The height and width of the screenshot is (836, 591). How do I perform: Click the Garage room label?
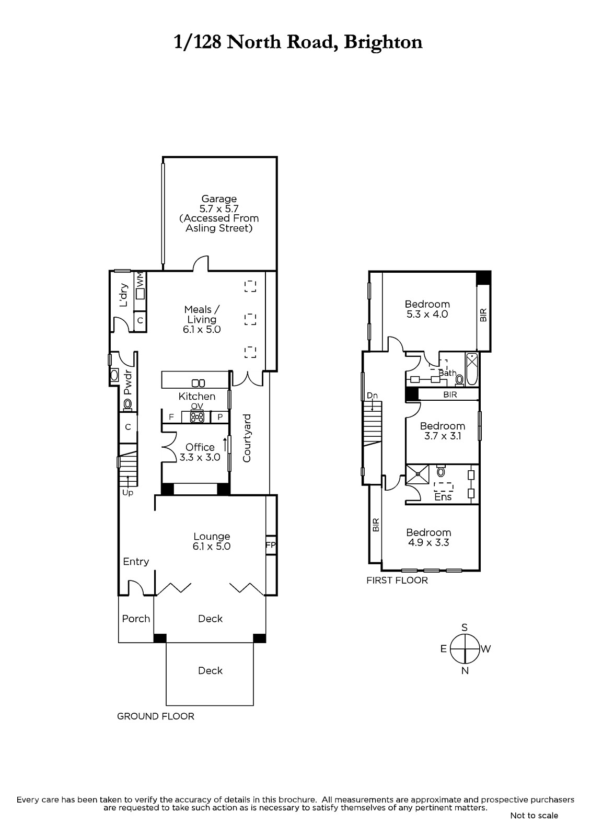point(219,199)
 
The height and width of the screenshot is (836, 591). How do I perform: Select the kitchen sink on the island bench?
point(198,383)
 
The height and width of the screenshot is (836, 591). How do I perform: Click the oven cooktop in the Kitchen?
point(197,416)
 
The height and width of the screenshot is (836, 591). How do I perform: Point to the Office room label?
point(200,447)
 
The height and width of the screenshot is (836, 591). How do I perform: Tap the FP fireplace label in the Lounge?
point(270,545)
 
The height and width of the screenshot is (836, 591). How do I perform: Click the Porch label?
point(136,619)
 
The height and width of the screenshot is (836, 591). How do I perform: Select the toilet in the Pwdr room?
point(128,404)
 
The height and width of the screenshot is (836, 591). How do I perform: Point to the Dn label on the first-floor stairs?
point(372,395)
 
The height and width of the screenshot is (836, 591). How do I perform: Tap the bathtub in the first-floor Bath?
point(472,369)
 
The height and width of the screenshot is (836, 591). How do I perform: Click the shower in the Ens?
point(418,474)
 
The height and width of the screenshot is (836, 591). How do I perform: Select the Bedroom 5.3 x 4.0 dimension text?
point(427,314)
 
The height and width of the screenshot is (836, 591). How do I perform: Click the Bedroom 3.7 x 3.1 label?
point(443,431)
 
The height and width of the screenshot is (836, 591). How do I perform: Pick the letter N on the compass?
point(465,671)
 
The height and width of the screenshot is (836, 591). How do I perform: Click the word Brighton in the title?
point(383,42)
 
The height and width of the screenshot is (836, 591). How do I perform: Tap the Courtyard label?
point(247,438)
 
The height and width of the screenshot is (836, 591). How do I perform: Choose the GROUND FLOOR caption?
point(156,716)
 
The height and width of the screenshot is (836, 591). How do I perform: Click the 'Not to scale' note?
point(534,816)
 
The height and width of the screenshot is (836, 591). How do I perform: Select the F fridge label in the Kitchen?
point(171,417)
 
